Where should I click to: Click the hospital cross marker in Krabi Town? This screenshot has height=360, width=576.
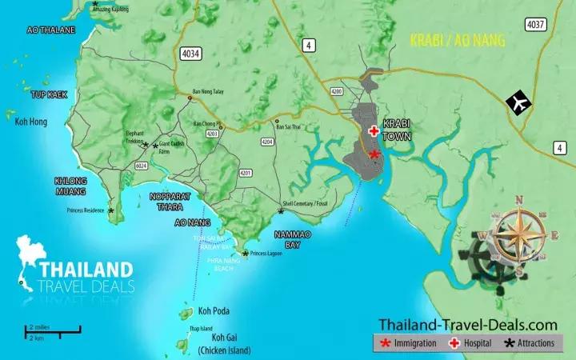coord(373,131)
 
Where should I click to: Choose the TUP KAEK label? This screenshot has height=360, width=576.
coord(49,94)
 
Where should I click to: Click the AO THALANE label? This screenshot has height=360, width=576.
coord(50,30)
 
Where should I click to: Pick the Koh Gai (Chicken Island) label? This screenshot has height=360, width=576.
coord(224,345)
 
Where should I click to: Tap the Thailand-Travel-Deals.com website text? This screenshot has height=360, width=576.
coord(467,324)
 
